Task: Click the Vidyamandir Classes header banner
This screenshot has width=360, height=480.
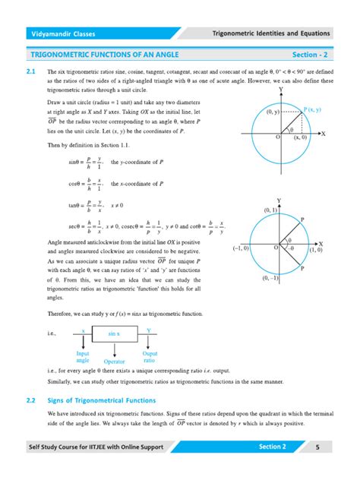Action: pyautogui.click(x=62, y=34)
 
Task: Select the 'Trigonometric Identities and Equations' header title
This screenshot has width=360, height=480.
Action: pyautogui.click(x=271, y=34)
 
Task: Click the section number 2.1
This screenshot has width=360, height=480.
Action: pyautogui.click(x=31, y=70)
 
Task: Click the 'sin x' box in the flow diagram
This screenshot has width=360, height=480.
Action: pyautogui.click(x=115, y=333)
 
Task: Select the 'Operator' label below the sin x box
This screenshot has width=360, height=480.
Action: pyautogui.click(x=115, y=362)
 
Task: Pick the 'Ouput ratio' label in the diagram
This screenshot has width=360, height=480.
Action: pyautogui.click(x=150, y=357)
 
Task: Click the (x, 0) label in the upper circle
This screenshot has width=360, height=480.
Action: pyautogui.click(x=299, y=137)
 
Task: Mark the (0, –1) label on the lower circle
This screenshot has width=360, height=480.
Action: pyautogui.click(x=270, y=278)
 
